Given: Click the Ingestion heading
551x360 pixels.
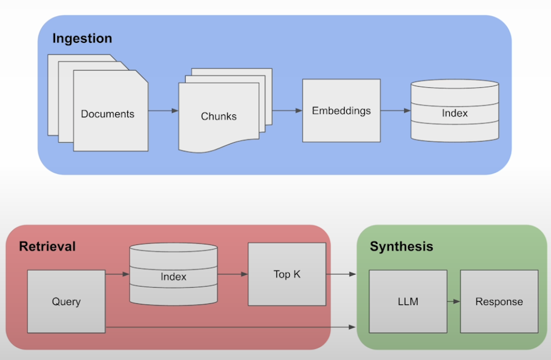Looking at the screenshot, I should pyautogui.click(x=82, y=38).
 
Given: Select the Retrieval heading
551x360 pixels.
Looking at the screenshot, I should pyautogui.click(x=47, y=246).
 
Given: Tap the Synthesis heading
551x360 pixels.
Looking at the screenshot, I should pyautogui.click(x=401, y=246).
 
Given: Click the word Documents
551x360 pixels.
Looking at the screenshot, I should pyautogui.click(x=107, y=114).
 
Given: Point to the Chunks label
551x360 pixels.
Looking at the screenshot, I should pyautogui.click(x=219, y=117).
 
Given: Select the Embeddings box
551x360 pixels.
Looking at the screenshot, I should pyautogui.click(x=341, y=111).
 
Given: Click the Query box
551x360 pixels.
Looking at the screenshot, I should pyautogui.click(x=66, y=302).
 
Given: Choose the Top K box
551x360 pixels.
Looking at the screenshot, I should pyautogui.click(x=287, y=274).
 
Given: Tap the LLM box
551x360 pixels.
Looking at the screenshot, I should pyautogui.click(x=408, y=302).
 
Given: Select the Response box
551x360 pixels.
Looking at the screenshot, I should pyautogui.click(x=499, y=302).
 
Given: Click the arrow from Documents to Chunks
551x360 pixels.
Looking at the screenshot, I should pyautogui.click(x=163, y=111).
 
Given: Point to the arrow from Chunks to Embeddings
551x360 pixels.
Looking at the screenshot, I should pyautogui.click(x=287, y=111).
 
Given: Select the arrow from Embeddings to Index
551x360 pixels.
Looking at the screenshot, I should pyautogui.click(x=395, y=111).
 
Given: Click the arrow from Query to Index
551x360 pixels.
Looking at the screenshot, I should pyautogui.click(x=117, y=274).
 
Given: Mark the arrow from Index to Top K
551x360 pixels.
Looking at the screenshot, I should pyautogui.click(x=232, y=274).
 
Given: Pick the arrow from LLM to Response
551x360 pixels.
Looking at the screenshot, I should pyautogui.click(x=454, y=302).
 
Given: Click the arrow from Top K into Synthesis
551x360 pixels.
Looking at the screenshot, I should pyautogui.click(x=341, y=274).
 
